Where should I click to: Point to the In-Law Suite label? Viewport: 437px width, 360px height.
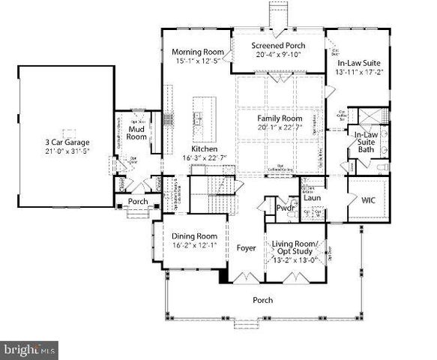click(x=358, y=65)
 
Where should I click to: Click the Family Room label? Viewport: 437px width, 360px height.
click(x=279, y=119)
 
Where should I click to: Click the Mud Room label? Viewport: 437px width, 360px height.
click(x=136, y=133)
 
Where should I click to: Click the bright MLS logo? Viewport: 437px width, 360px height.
click(x=30, y=349)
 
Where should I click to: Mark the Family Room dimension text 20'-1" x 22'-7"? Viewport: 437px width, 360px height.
click(x=279, y=128)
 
